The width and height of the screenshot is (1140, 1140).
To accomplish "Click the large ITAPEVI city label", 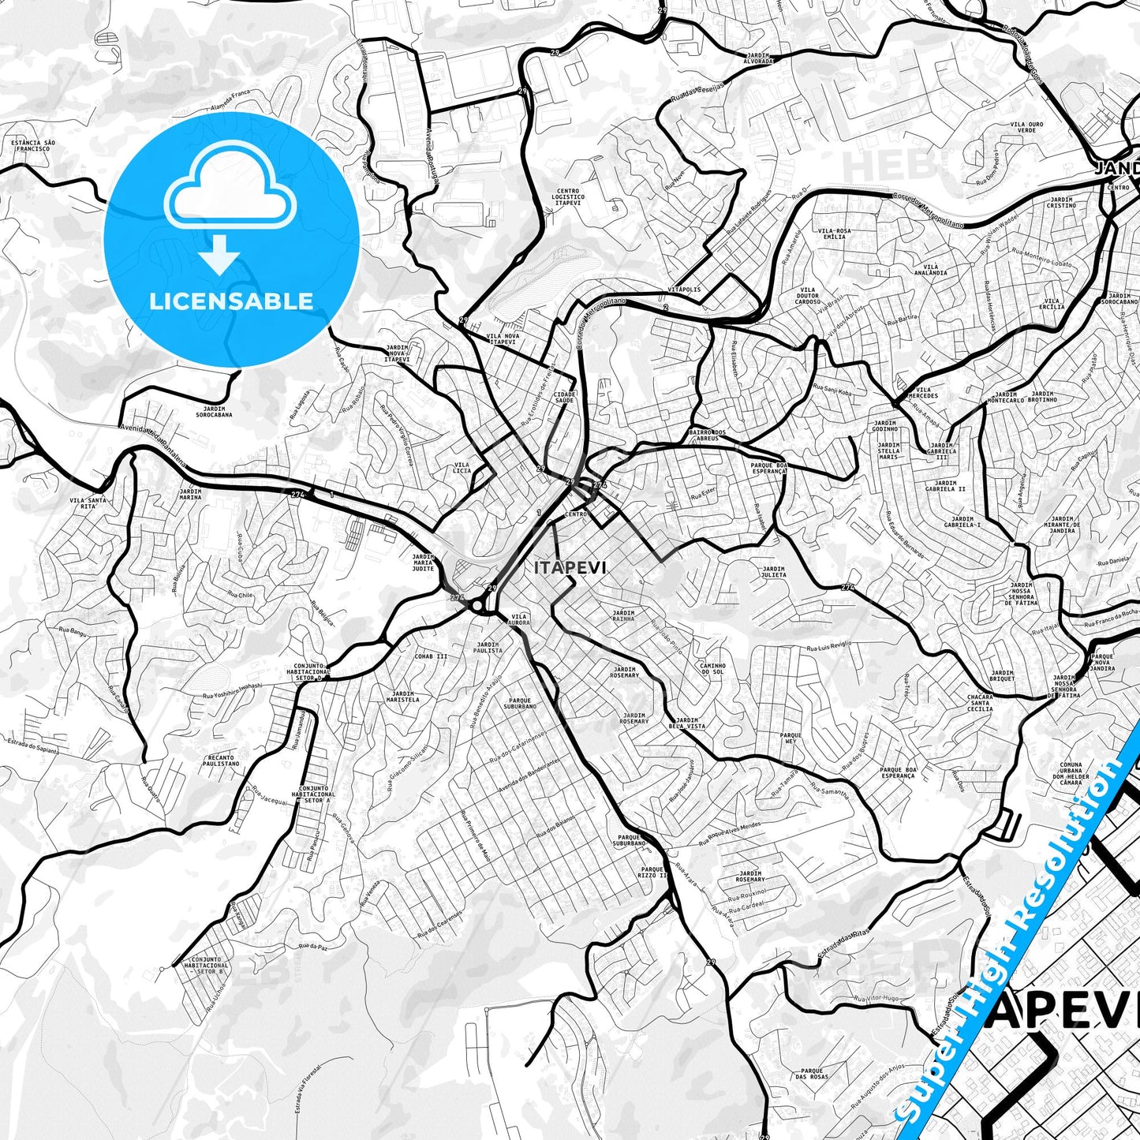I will click(570, 567).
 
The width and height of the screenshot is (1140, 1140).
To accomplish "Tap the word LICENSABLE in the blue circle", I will click(231, 301).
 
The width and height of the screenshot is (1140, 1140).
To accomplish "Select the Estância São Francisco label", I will click(32, 145).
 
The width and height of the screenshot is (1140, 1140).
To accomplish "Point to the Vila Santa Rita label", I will click(88, 503).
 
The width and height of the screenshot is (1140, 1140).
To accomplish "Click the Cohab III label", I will click(431, 656).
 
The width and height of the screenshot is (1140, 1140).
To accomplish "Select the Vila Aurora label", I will click(520, 619).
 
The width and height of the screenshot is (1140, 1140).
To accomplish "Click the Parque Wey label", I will click(791, 738).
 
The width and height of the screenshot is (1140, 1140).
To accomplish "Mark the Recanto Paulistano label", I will click(220, 761).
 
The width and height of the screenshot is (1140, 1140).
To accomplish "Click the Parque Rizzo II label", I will click(653, 872).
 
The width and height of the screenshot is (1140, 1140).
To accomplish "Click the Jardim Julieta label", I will click(773, 571).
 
